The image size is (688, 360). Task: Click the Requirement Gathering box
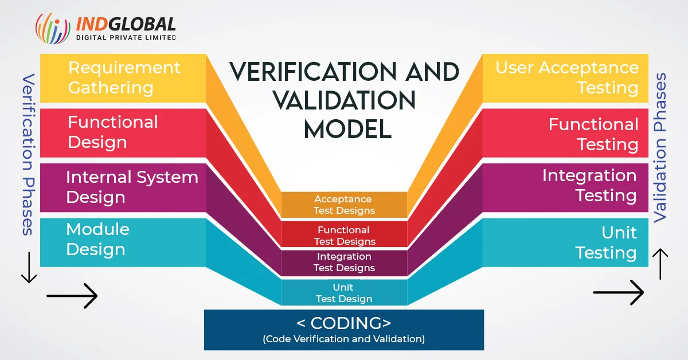click(123, 78)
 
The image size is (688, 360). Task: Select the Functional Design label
click(113, 132)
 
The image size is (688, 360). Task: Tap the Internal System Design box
click(132, 187)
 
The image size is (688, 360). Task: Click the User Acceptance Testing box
click(566, 78)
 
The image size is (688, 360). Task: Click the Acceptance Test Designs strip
click(344, 205)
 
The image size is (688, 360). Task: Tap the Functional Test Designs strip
click(344, 236)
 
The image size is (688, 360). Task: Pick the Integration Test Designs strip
click(344, 262)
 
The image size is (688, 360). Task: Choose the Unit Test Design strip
click(344, 293)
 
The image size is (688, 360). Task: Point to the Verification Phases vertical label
click(28, 155)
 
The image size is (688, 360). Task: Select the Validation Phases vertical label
click(660, 147)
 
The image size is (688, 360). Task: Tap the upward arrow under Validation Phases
click(660, 264)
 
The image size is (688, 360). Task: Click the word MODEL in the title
click(347, 130)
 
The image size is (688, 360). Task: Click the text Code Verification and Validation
click(344, 339)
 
